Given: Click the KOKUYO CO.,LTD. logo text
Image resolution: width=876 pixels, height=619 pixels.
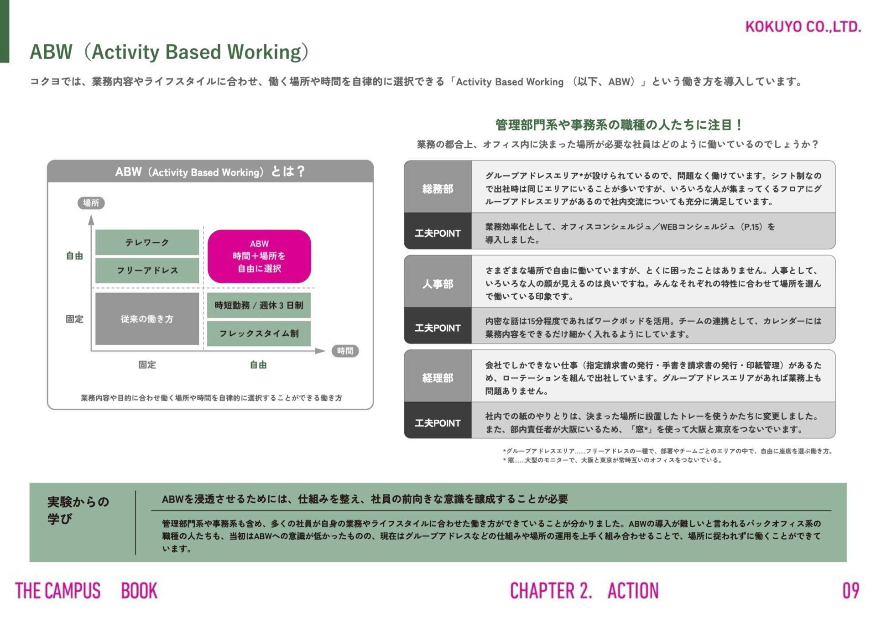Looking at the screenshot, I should coord(803,27).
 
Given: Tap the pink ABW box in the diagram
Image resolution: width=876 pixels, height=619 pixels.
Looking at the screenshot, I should coord(259,256).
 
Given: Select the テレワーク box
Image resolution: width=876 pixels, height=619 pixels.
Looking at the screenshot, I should coord(147,243).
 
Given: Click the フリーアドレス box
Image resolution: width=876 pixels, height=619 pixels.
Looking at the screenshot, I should coord(147,270).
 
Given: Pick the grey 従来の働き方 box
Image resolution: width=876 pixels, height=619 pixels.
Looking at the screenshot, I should coord(147,319).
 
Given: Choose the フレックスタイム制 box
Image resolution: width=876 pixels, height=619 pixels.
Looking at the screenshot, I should coord(259,333).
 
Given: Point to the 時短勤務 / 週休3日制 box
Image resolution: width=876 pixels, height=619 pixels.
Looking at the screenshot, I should coord(259,305).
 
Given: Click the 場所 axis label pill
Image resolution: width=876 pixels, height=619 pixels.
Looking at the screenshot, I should coord(91,203).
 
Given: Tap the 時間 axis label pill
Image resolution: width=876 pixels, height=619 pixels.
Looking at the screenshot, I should coord(345,351).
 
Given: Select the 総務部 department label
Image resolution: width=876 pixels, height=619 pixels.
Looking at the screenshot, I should coord(438,188).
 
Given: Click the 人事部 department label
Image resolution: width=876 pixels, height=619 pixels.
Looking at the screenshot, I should coord(438,284).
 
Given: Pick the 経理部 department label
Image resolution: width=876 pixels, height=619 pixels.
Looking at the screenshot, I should coord(438,378).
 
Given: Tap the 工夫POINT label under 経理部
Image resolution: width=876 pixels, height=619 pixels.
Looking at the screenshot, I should coord(438,423).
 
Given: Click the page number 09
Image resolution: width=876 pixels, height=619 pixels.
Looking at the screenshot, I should coord(850,591).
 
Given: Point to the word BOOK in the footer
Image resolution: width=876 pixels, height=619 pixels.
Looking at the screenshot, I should coord(139,591).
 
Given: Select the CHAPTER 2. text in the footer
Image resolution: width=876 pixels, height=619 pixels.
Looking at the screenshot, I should coord(551,591).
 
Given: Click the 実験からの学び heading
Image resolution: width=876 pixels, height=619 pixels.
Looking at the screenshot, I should coord(78,510).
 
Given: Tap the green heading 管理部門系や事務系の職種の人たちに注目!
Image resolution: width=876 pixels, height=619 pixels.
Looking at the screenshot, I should coord(619,125).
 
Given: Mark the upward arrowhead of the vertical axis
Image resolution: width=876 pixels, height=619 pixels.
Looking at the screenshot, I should coord(91,220).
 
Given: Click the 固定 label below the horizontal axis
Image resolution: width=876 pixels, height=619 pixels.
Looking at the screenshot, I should coord(147,365).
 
